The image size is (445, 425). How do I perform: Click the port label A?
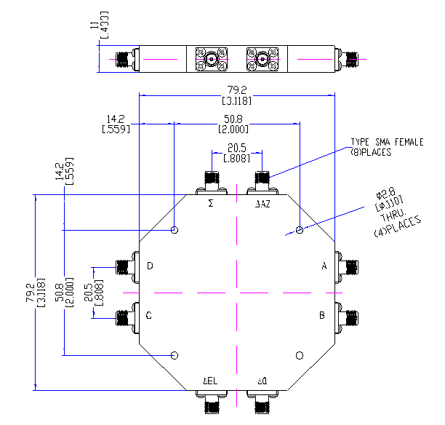click(x=324, y=266)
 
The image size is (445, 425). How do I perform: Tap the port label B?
click(x=322, y=316)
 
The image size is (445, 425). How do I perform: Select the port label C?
click(x=149, y=316)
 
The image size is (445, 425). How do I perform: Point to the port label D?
click(x=150, y=266)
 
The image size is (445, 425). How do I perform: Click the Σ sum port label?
click(x=211, y=204)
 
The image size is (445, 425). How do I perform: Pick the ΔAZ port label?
click(x=262, y=205)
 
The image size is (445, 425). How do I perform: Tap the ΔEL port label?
click(x=210, y=381)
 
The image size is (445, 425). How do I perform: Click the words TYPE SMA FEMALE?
click(x=386, y=143)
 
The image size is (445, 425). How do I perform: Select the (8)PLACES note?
click(x=372, y=152)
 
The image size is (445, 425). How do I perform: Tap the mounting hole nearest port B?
click(x=299, y=355)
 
